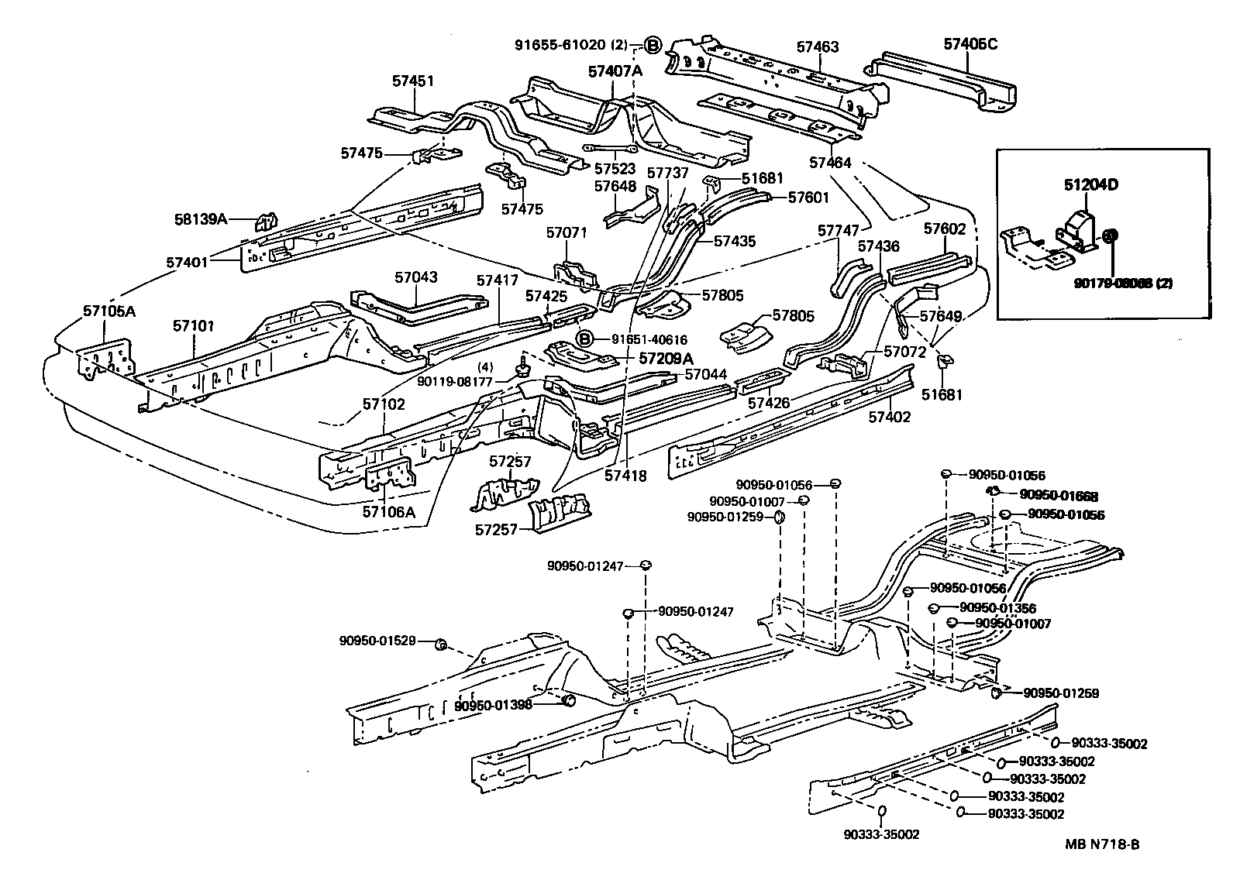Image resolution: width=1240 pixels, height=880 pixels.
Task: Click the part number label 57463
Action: pos(818,48)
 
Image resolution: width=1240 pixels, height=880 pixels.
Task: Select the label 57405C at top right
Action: pos(970,44)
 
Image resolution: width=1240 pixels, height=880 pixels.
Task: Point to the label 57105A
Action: pos(109,311)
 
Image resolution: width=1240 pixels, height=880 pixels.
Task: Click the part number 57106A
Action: pos(388,511)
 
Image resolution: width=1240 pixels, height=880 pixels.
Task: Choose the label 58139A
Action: pos(200,219)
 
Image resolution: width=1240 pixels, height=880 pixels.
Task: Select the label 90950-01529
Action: pos(377,641)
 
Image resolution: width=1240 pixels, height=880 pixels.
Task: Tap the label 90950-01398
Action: pos(493,705)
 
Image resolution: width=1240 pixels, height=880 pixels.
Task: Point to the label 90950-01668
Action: pos(1059,495)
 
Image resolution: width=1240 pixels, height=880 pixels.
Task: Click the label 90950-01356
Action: pos(997,608)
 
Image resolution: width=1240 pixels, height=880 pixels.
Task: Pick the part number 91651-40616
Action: pos(649,339)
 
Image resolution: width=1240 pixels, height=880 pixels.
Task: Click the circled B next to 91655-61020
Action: pos(653,46)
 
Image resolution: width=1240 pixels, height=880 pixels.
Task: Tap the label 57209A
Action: pos(665,359)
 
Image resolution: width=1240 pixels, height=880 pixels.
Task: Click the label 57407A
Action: pos(615,71)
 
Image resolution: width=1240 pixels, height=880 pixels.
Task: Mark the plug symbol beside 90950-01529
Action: pos(439,645)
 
